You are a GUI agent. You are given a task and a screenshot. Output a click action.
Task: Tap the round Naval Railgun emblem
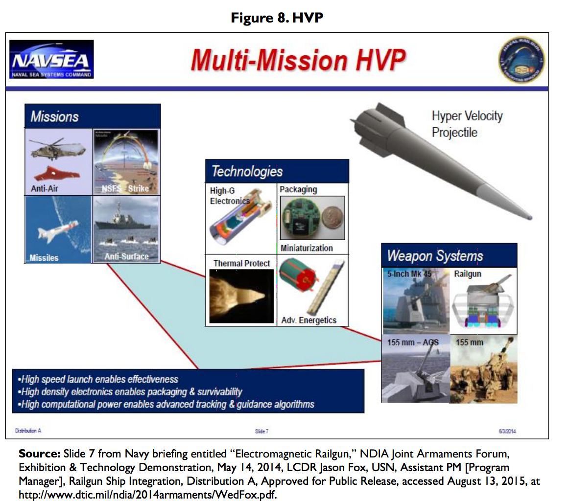click(522, 60)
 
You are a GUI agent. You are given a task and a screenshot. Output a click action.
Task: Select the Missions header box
click(93, 116)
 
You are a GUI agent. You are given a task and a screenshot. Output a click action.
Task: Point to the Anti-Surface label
click(126, 256)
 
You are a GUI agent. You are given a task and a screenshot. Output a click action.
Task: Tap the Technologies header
click(277, 171)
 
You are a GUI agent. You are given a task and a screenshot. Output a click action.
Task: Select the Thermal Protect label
click(241, 264)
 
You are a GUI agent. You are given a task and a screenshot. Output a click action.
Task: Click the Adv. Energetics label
click(308, 320)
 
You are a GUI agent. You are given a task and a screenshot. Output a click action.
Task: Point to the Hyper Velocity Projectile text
click(467, 124)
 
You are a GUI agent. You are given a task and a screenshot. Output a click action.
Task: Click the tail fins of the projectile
click(372, 116)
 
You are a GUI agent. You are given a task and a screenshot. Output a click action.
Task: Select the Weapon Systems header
click(449, 255)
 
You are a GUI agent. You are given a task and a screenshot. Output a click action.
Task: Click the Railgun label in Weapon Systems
click(468, 274)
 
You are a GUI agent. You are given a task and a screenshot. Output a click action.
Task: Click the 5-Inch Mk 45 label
click(409, 274)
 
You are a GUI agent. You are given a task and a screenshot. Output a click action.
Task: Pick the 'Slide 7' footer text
click(262, 431)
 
